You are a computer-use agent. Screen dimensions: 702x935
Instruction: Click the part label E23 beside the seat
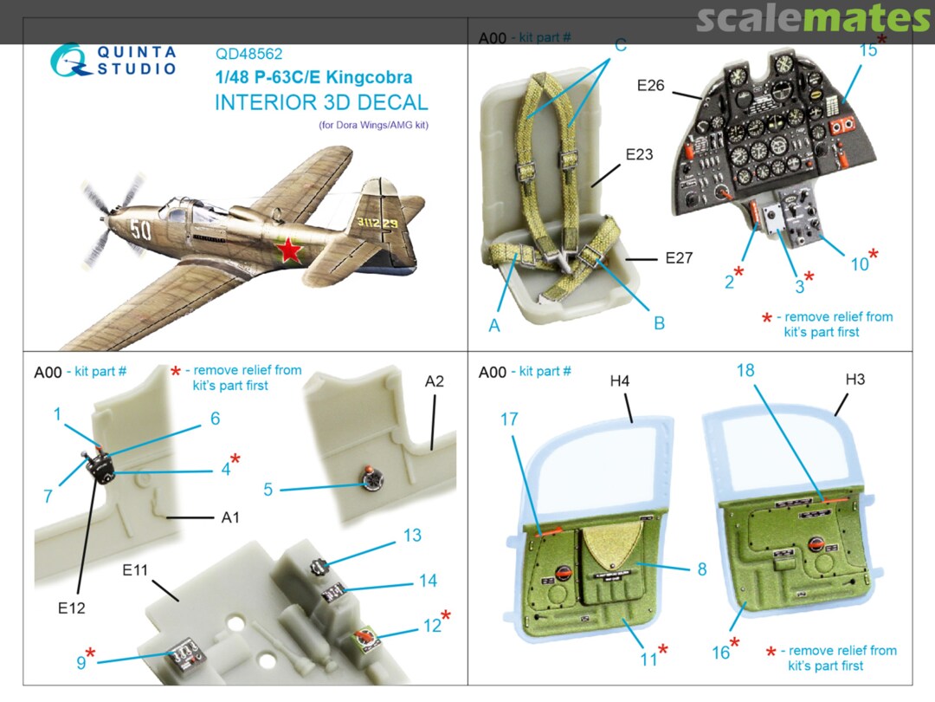[x=639, y=155]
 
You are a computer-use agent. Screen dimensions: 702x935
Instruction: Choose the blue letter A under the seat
[x=494, y=326]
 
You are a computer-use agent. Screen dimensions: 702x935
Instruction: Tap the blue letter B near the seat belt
[x=659, y=323]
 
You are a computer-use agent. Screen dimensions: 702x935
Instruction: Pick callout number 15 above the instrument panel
[x=867, y=50]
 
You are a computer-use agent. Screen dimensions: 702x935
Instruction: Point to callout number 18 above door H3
[x=745, y=370]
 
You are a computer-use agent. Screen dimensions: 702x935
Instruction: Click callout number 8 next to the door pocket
[x=701, y=569]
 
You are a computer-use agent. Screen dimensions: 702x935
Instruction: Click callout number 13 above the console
[x=411, y=535]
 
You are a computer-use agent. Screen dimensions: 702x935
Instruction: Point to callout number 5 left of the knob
[x=268, y=490]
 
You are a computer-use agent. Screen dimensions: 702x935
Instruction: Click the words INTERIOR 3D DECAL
[x=320, y=102]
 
